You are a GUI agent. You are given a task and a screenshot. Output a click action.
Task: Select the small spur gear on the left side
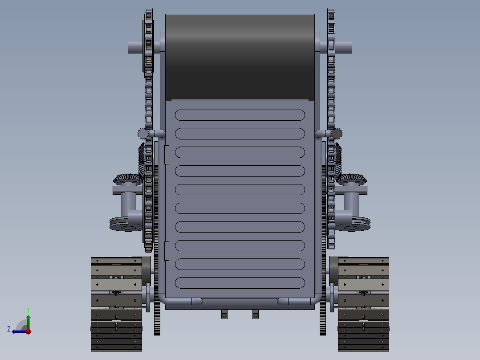click(x=143, y=133)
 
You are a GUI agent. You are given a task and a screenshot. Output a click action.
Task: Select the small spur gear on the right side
click(x=337, y=133)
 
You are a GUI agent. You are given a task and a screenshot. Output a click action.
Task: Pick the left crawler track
click(x=117, y=304)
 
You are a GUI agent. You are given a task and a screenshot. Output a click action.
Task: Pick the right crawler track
click(x=363, y=304)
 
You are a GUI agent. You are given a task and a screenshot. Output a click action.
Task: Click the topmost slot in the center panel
click(x=240, y=115)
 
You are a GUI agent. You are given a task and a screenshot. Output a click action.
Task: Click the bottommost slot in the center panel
click(x=240, y=283)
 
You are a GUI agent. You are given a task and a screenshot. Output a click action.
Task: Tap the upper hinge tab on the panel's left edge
click(x=167, y=154)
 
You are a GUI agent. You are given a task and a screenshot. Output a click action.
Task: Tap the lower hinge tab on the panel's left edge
click(x=167, y=251)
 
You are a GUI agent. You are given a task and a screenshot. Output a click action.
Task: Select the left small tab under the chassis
click(x=224, y=315)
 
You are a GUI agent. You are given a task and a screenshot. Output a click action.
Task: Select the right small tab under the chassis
click(x=256, y=315)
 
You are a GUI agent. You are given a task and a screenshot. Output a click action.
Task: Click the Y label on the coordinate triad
click(x=28, y=309)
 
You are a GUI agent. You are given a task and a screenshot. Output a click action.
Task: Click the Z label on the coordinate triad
click(x=9, y=329)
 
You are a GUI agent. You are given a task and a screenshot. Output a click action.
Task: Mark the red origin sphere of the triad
click(x=28, y=331)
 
